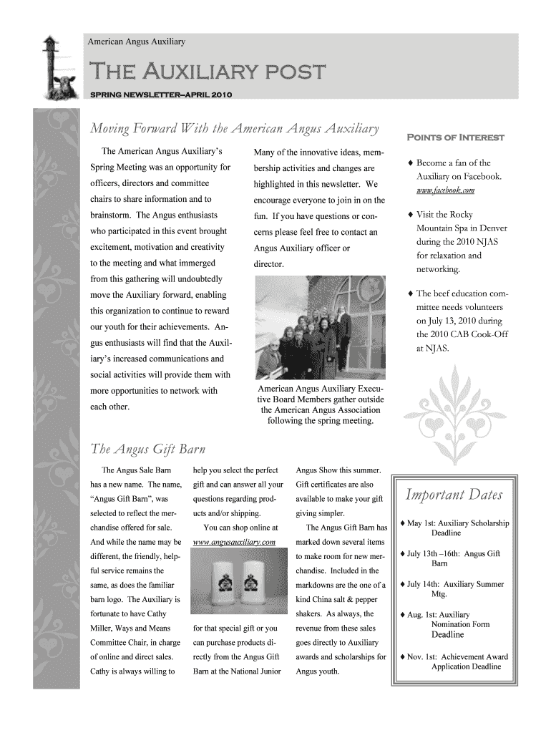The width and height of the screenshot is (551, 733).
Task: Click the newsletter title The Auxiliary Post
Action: point(207,72)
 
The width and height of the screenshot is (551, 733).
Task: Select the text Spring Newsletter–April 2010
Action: point(160,94)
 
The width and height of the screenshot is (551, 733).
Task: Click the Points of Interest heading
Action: point(455,137)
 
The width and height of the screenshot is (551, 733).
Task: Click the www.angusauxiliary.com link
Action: point(235,542)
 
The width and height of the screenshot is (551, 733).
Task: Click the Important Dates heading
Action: point(454,495)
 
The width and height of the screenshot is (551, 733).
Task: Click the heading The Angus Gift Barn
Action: point(148,450)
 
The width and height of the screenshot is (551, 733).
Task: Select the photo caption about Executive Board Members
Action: point(320,405)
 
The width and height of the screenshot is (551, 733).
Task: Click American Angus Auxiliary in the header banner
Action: point(137,42)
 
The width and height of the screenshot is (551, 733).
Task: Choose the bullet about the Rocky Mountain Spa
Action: point(458,242)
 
